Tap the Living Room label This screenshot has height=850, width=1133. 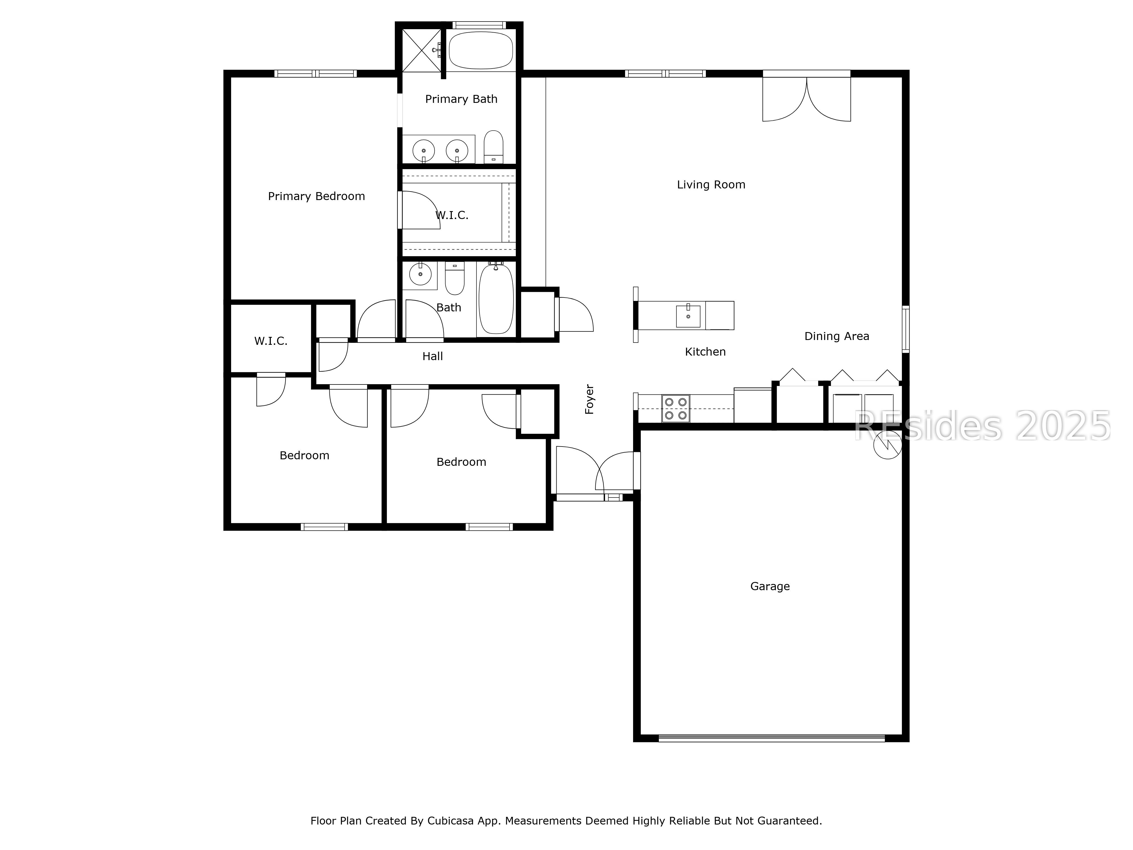[x=711, y=184]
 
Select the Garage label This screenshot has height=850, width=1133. [x=770, y=586]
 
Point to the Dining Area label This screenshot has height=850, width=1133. [x=836, y=336]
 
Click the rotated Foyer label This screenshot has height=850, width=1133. [x=589, y=399]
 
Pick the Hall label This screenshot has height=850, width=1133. [x=432, y=356]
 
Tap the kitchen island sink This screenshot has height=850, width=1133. [x=688, y=316]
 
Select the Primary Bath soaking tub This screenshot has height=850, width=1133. [x=481, y=50]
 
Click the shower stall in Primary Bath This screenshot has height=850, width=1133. [x=421, y=50]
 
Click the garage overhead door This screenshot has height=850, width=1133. [x=771, y=738]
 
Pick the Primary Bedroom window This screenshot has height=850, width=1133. [x=316, y=74]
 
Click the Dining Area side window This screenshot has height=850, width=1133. [x=906, y=329]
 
